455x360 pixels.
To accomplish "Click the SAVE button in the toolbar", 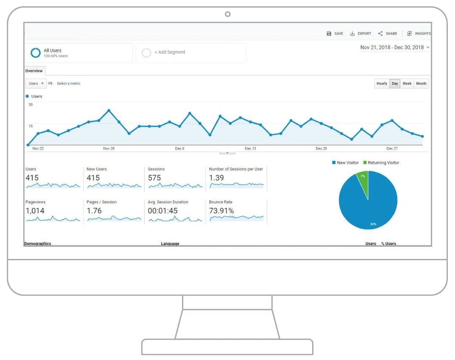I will click(335, 34).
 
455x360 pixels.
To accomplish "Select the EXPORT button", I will click(361, 34).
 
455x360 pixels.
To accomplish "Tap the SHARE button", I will click(388, 34).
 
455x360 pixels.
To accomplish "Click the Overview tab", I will click(34, 71).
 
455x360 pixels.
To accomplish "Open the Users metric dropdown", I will click(36, 83).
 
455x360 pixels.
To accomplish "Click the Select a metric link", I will click(69, 83).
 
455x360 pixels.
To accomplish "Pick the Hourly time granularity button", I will click(382, 83).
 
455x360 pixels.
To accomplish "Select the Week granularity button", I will click(407, 83).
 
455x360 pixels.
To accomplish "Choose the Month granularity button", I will click(421, 83).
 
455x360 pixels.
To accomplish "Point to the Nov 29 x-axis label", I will click(109, 149).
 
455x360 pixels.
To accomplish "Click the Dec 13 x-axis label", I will click(250, 149).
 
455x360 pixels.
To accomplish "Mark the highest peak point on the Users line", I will click(109, 110).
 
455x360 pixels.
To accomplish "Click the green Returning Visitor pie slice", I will click(363, 181).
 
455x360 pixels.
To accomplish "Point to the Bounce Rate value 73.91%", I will click(222, 211).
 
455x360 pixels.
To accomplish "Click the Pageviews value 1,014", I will click(35, 211).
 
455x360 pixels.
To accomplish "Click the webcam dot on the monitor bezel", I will click(227, 14).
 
